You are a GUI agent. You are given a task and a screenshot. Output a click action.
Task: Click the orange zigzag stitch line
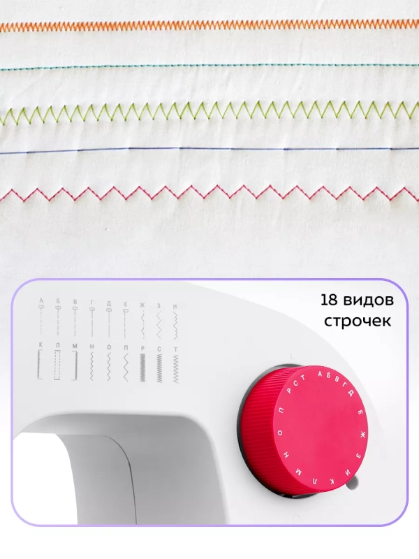click(209, 25)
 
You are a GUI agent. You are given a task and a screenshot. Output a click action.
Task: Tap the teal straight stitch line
click(209, 66)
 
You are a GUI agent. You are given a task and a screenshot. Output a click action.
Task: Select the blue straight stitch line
click(209, 150)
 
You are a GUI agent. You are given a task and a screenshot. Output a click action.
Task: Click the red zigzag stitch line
click(209, 191)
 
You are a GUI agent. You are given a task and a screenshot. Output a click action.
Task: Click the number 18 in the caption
click(332, 300)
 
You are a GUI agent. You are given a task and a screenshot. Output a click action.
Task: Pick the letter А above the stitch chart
click(41, 300)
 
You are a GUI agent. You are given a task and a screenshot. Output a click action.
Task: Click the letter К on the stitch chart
click(41, 346)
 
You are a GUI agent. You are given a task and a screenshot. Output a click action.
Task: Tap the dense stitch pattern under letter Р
click(142, 365)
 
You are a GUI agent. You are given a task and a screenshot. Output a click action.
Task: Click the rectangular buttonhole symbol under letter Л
click(58, 365)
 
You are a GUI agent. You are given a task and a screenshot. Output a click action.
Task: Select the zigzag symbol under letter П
click(125, 365)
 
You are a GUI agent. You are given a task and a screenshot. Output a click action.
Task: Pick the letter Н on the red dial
click(286, 455)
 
